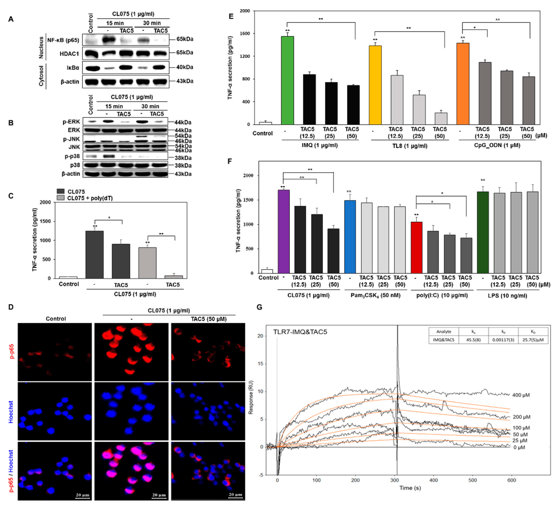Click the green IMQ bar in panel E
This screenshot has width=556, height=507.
287,80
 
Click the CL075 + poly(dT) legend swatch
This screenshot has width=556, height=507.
60,198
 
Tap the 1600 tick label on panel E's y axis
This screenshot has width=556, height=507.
245,34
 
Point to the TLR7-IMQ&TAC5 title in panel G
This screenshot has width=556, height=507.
300,332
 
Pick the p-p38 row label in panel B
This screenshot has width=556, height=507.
72,156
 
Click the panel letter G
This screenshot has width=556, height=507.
259,307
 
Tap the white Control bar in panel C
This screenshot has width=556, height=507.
68,277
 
